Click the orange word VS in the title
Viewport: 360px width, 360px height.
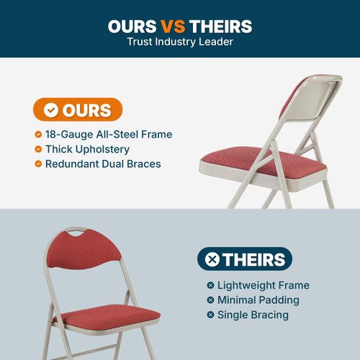[173, 27]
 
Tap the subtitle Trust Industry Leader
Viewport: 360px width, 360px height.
[180, 42]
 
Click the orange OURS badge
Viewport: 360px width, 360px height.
[78, 109]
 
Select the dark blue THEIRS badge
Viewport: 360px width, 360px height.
[245, 259]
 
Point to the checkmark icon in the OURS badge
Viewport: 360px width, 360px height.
[51, 110]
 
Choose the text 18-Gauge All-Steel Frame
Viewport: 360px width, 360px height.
[109, 135]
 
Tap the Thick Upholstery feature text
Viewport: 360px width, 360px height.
[87, 149]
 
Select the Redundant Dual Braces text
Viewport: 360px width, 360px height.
[103, 164]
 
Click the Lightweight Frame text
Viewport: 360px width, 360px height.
[263, 285]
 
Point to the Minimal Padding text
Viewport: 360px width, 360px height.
[258, 300]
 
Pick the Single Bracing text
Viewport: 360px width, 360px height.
[253, 315]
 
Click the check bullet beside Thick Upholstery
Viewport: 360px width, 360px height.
[38, 149]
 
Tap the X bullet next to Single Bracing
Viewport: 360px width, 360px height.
[210, 315]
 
